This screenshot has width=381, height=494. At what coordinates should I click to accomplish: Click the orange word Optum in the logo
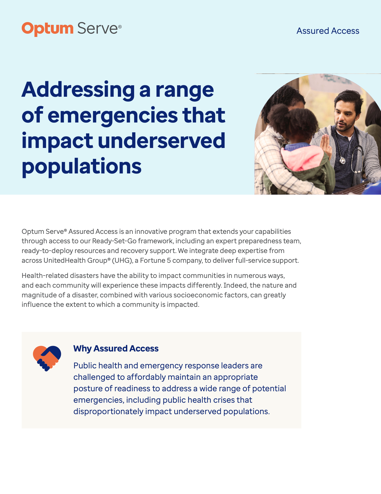tap(47, 29)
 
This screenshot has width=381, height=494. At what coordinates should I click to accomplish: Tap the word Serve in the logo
tap(98, 28)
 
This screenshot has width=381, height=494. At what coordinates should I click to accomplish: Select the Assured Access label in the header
tap(328, 31)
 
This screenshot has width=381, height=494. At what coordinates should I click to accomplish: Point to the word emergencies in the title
tap(113, 116)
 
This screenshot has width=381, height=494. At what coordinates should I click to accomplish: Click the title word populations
tap(82, 167)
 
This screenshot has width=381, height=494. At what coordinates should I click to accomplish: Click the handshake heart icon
tap(47, 358)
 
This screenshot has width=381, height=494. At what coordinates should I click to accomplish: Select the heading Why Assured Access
tap(116, 348)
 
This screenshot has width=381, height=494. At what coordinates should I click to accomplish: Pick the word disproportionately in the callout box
tap(108, 411)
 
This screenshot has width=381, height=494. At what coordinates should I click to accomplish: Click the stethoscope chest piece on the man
tap(342, 161)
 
